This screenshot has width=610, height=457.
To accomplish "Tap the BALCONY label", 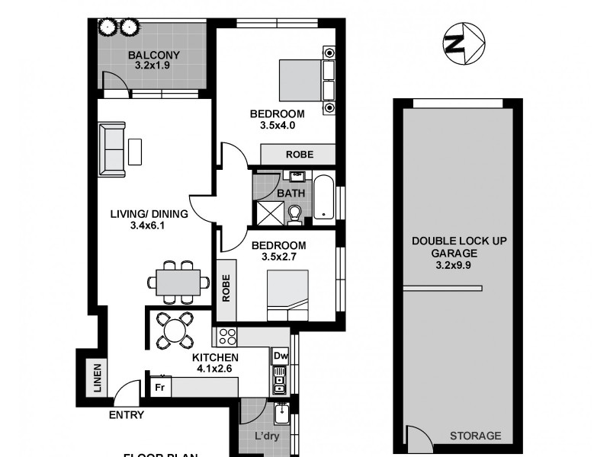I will (153, 55).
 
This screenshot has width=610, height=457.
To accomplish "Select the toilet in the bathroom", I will (296, 216).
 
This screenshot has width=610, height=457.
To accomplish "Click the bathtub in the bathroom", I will (325, 198).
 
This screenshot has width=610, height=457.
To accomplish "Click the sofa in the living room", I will (111, 149).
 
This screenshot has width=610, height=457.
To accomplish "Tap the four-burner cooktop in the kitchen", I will (228, 337).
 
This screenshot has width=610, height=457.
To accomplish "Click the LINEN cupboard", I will (98, 379).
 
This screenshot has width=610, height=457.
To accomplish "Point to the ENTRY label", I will (126, 415).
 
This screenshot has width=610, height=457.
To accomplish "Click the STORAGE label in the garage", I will (475, 436).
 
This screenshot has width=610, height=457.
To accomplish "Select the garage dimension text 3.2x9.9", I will (458, 266).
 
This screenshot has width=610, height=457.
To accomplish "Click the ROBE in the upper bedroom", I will (298, 155).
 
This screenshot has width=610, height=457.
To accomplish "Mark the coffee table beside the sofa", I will (135, 151).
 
